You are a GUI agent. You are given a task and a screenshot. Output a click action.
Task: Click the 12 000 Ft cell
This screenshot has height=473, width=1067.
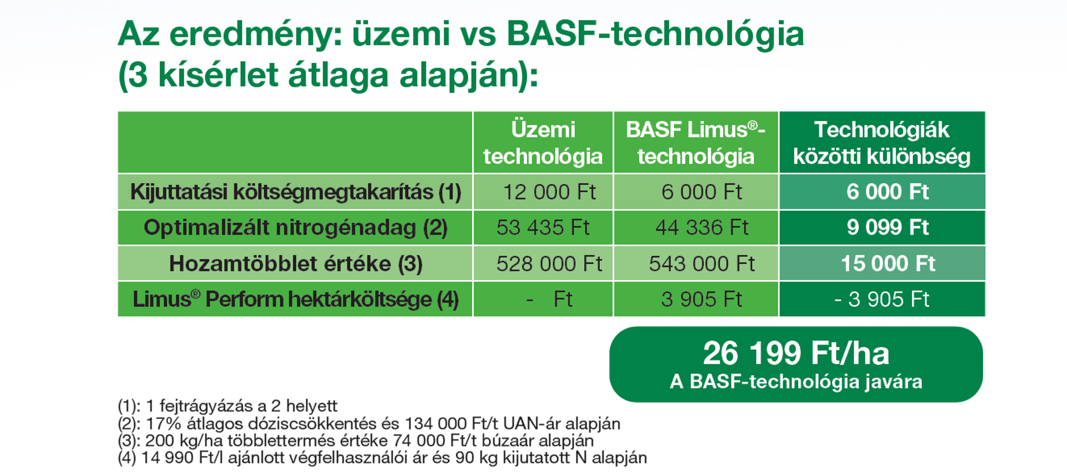tap(550, 192)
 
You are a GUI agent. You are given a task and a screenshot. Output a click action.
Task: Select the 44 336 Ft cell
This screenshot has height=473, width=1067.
tap(702, 228)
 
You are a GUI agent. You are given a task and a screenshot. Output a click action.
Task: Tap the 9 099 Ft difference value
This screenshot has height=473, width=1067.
tap(888, 228)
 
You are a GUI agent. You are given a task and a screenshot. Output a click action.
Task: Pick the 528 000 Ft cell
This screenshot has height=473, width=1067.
tap(550, 264)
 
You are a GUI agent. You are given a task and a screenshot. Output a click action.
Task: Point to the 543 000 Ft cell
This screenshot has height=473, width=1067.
tap(702, 264)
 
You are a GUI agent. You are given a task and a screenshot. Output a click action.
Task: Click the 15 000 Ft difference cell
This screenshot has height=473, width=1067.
tap(888, 264)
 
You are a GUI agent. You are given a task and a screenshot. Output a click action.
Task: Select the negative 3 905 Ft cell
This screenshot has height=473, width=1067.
tap(882, 299)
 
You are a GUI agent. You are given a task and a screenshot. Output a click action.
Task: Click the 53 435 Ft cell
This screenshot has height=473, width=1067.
tap(543, 228)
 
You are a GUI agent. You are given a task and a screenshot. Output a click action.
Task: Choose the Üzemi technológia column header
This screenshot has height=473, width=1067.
tap(543, 143)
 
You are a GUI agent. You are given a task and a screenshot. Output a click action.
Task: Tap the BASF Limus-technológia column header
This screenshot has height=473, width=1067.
tap(696, 143)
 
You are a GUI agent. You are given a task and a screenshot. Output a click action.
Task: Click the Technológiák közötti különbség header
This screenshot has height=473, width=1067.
tap(882, 143)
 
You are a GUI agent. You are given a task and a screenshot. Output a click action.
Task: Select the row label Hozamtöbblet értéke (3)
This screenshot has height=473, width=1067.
tap(296, 264)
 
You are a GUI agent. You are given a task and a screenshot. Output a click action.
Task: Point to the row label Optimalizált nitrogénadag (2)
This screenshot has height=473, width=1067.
tap(296, 228)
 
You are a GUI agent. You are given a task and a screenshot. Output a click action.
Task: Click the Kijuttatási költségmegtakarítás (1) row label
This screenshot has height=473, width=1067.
tap(296, 193)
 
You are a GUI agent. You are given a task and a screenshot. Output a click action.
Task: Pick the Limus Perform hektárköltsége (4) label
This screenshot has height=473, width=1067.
tap(296, 300)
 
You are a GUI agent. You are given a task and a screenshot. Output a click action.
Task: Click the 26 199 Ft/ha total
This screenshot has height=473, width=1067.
tap(796, 354)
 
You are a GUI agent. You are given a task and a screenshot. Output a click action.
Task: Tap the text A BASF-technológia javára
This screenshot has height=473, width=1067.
tap(796, 382)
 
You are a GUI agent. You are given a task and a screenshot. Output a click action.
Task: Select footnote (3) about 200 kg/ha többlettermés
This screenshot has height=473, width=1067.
tap(356, 441)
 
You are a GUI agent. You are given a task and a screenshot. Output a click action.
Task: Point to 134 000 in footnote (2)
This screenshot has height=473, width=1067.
tap(436, 424)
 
